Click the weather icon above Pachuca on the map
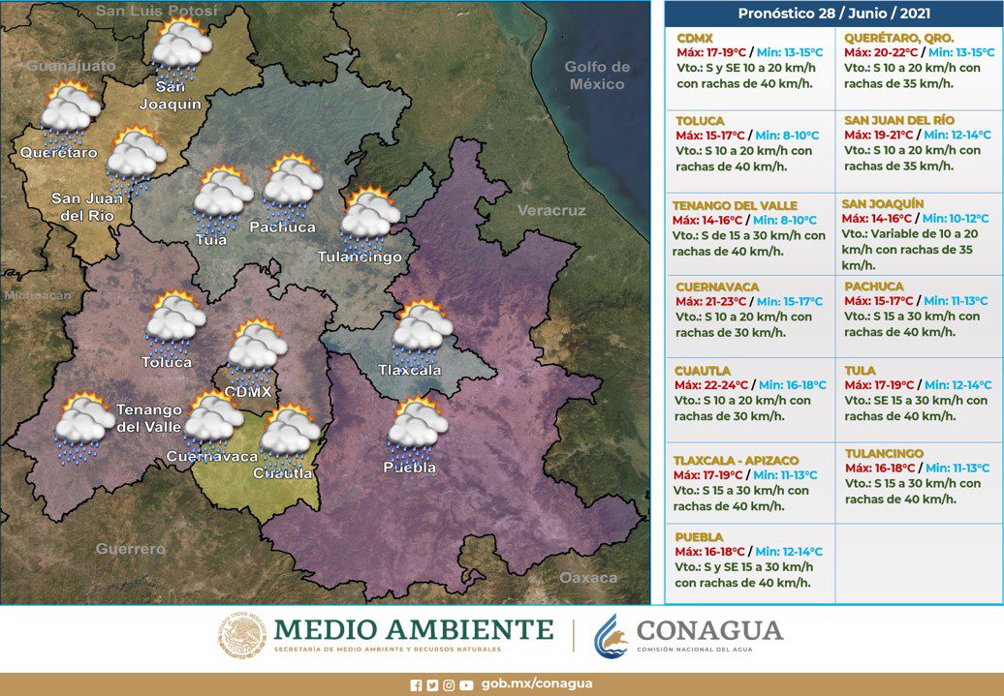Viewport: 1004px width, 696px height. point(294,187)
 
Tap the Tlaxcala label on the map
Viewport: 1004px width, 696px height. point(409,370)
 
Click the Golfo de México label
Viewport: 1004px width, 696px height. point(598,76)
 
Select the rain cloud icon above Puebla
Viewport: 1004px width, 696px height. point(418,426)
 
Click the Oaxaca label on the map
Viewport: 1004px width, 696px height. point(588,577)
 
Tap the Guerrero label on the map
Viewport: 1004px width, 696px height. point(130,549)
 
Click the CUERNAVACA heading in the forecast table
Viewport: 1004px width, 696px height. point(716,287)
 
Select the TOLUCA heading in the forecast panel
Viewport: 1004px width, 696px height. point(700,120)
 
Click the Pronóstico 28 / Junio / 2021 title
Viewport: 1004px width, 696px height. point(833,14)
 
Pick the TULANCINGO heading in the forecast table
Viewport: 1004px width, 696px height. point(884,453)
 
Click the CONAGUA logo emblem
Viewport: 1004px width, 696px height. point(612,635)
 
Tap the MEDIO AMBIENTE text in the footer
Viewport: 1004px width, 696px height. point(414,629)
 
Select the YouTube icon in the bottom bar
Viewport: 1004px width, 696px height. point(467,684)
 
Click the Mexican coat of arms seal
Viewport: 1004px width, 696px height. point(241,635)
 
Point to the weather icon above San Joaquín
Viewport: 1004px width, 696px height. point(182,49)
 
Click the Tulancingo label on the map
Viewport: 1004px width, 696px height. point(360,257)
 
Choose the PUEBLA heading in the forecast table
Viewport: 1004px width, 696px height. point(700,535)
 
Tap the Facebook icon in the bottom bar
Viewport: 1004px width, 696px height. point(417,684)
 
